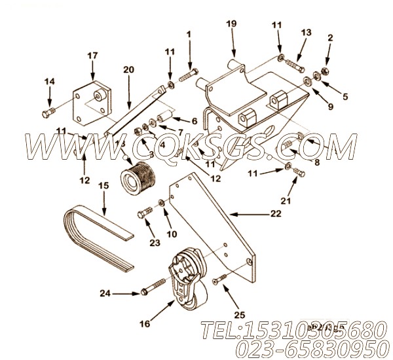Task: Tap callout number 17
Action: [91, 56]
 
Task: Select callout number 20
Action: [128, 69]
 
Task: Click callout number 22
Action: [276, 213]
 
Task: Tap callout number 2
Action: [331, 37]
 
